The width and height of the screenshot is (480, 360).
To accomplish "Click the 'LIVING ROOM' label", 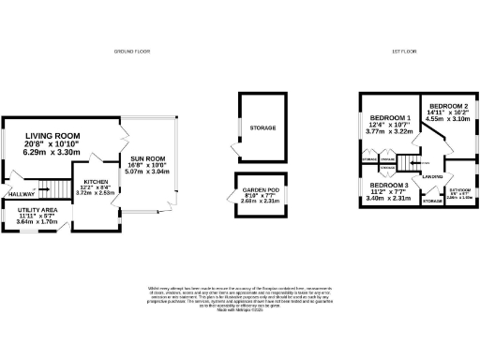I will click(x=53, y=137).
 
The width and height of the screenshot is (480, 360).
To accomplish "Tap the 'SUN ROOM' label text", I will click(x=147, y=158).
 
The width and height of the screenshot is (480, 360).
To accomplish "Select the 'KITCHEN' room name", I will click(x=96, y=181).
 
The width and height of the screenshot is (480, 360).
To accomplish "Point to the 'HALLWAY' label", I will click(x=21, y=194).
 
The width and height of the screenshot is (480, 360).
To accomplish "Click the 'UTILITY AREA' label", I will click(x=37, y=209).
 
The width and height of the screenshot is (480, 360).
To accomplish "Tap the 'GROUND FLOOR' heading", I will click(x=134, y=50).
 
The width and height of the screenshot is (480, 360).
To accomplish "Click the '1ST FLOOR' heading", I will click(x=403, y=50).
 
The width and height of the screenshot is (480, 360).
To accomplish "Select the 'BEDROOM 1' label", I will click(x=385, y=118).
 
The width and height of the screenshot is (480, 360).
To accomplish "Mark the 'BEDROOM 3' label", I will click(x=385, y=186).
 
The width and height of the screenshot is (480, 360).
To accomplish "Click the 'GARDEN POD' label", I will click(x=248, y=188).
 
